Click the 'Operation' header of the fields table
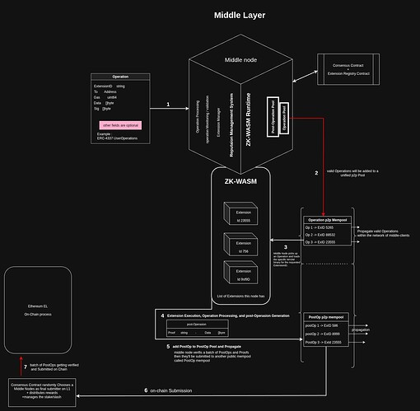point(120,77)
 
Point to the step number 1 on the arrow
point(168,105)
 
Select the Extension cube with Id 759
point(237,245)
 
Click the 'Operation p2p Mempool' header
point(327,220)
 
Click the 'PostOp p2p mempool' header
point(327,316)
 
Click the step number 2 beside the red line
point(315,174)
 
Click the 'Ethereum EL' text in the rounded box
point(39,306)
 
